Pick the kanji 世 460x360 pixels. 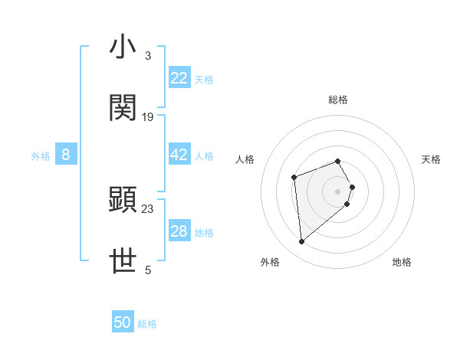pyautogui.click(x=123, y=261)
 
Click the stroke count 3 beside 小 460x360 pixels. pyautogui.click(x=148, y=56)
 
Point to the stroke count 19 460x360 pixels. pyautogui.click(x=148, y=117)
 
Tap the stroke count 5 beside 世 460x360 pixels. pyautogui.click(x=148, y=270)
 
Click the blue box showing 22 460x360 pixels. pyautogui.click(x=179, y=77)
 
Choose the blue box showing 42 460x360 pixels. pyautogui.click(x=179, y=155)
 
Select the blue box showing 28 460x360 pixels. pyautogui.click(x=179, y=231)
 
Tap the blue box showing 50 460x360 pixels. pyautogui.click(x=123, y=322)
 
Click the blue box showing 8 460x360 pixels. pyautogui.click(x=66, y=155)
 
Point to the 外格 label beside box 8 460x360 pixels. pyautogui.click(x=41, y=155)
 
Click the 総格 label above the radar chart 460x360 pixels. pyautogui.click(x=338, y=100)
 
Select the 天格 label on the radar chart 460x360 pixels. pyautogui.click(x=431, y=159)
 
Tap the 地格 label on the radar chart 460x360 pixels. pyautogui.click(x=402, y=262)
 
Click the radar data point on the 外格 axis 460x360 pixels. pyautogui.click(x=302, y=242)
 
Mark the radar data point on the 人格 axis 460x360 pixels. pyautogui.click(x=294, y=178)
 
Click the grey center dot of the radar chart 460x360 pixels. pyautogui.click(x=338, y=191)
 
